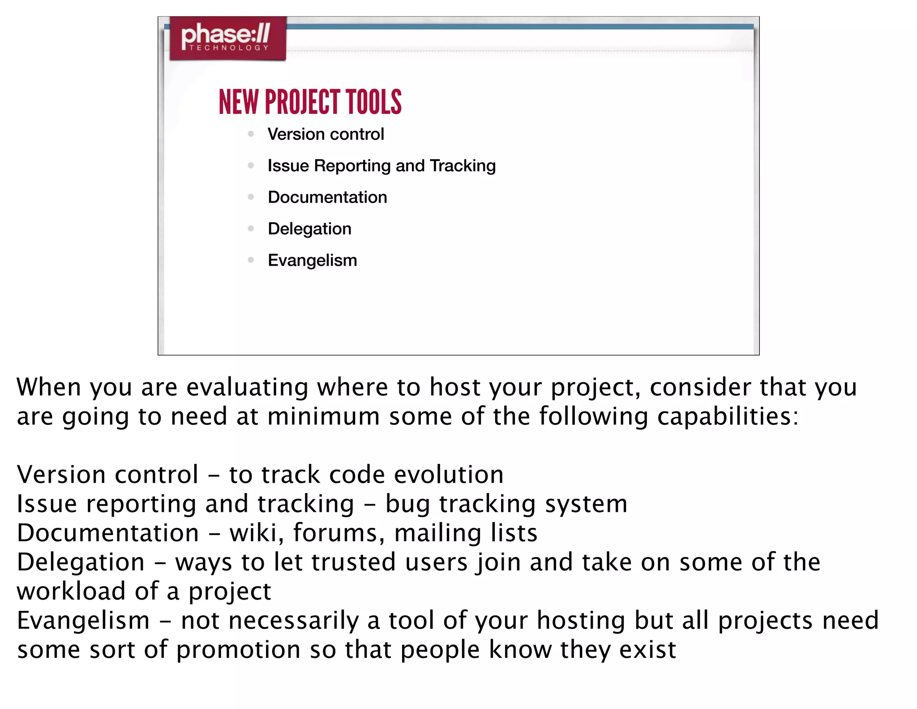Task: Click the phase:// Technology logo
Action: point(227,38)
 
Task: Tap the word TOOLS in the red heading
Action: point(374,102)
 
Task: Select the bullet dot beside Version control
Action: point(251,134)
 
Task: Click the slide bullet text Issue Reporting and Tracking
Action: point(381,166)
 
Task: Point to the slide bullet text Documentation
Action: point(327,197)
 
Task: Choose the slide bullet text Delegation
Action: point(309,229)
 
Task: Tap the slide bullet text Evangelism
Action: point(312,260)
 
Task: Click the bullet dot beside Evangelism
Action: point(251,260)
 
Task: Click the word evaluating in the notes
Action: point(247,387)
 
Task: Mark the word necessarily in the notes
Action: point(294,621)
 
